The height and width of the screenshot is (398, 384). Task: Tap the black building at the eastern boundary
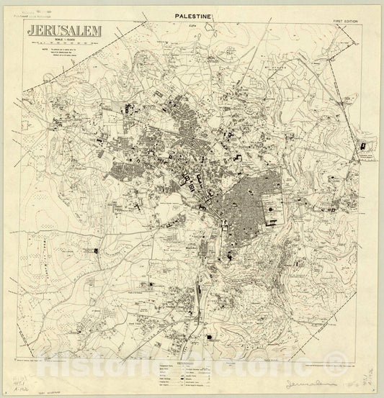362,148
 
